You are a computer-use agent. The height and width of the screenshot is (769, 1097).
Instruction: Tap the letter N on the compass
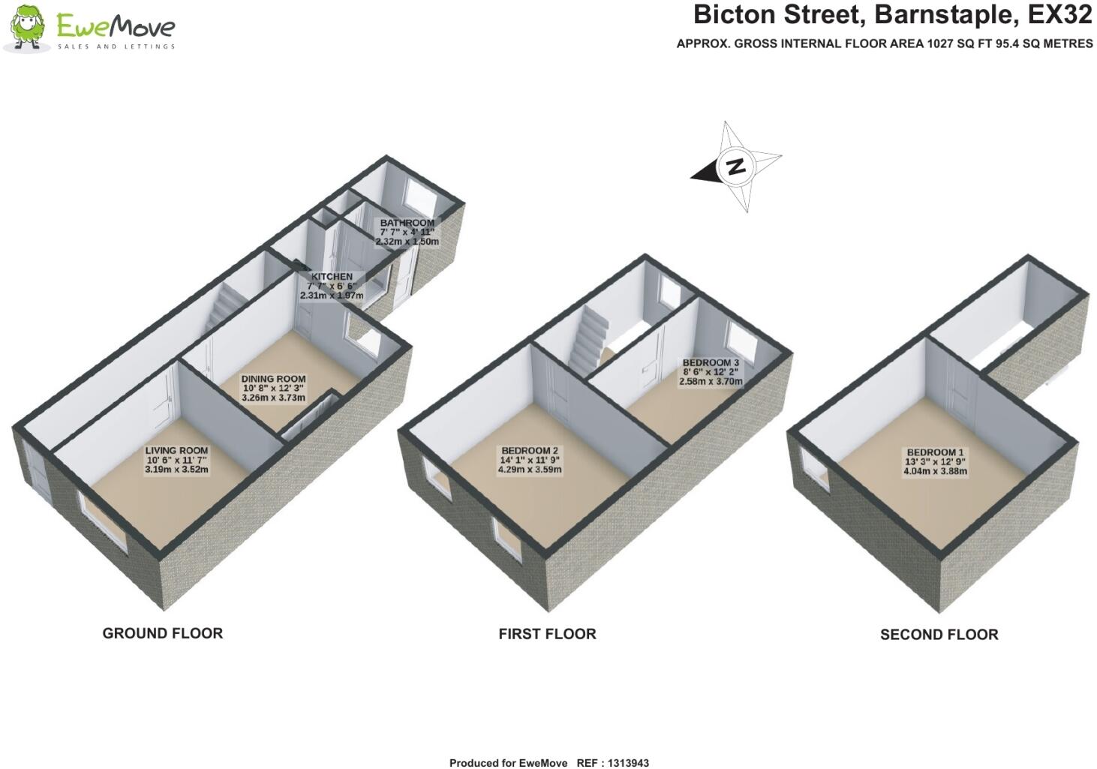(737, 167)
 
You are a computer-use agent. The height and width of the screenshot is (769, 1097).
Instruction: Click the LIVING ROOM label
(176, 450)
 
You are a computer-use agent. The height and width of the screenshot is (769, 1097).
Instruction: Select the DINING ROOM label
(273, 379)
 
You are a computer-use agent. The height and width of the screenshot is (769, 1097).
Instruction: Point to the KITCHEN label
(332, 277)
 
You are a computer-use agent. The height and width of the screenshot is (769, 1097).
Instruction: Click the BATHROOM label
(407, 223)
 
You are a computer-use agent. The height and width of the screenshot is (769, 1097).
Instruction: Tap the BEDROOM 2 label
(529, 451)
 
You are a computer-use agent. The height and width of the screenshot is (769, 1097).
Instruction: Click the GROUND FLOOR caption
(162, 633)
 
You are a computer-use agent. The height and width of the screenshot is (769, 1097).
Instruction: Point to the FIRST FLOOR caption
(547, 634)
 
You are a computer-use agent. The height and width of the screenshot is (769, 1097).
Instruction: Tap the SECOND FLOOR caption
(939, 635)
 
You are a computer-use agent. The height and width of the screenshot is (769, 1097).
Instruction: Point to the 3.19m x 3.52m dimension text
(176, 470)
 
